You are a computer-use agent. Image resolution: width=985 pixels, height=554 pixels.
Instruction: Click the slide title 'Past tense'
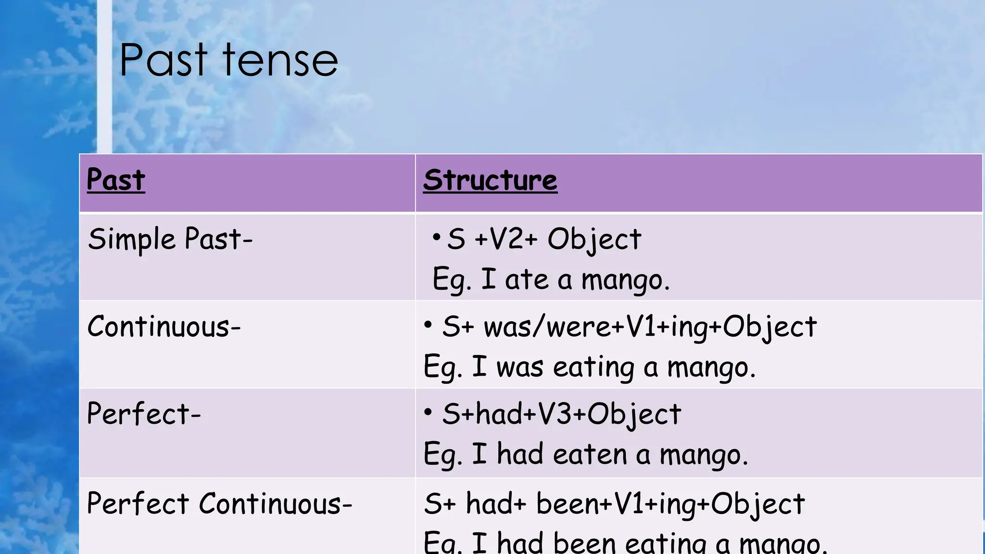click(228, 61)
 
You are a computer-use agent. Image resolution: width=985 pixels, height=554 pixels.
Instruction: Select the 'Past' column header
click(116, 180)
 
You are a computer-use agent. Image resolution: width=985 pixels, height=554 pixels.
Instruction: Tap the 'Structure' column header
click(490, 180)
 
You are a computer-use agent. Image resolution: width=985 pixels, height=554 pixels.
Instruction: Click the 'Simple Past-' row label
click(170, 239)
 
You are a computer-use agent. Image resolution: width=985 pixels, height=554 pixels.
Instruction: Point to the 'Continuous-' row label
click(164, 327)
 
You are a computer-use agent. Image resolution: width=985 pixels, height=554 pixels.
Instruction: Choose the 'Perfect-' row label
click(144, 414)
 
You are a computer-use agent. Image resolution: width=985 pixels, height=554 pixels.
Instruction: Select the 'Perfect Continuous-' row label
click(220, 504)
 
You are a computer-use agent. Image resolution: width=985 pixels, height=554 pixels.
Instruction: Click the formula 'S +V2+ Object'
click(544, 239)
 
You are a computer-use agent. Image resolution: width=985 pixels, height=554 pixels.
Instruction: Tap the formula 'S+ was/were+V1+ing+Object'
click(629, 327)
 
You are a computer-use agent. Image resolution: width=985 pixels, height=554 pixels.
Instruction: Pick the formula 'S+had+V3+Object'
click(561, 414)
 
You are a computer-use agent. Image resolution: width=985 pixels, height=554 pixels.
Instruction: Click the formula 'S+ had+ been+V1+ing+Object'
click(614, 504)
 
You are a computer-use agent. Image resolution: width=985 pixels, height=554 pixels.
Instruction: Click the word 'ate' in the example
click(527, 279)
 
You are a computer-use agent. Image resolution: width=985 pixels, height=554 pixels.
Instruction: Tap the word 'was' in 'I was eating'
click(520, 367)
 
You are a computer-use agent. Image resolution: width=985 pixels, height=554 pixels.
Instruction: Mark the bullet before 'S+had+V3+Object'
click(428, 412)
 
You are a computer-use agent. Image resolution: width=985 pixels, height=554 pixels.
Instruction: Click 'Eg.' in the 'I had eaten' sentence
click(442, 455)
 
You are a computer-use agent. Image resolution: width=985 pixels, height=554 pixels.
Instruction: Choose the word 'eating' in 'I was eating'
click(594, 368)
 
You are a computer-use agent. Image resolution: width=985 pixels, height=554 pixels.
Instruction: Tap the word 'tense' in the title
click(280, 61)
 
